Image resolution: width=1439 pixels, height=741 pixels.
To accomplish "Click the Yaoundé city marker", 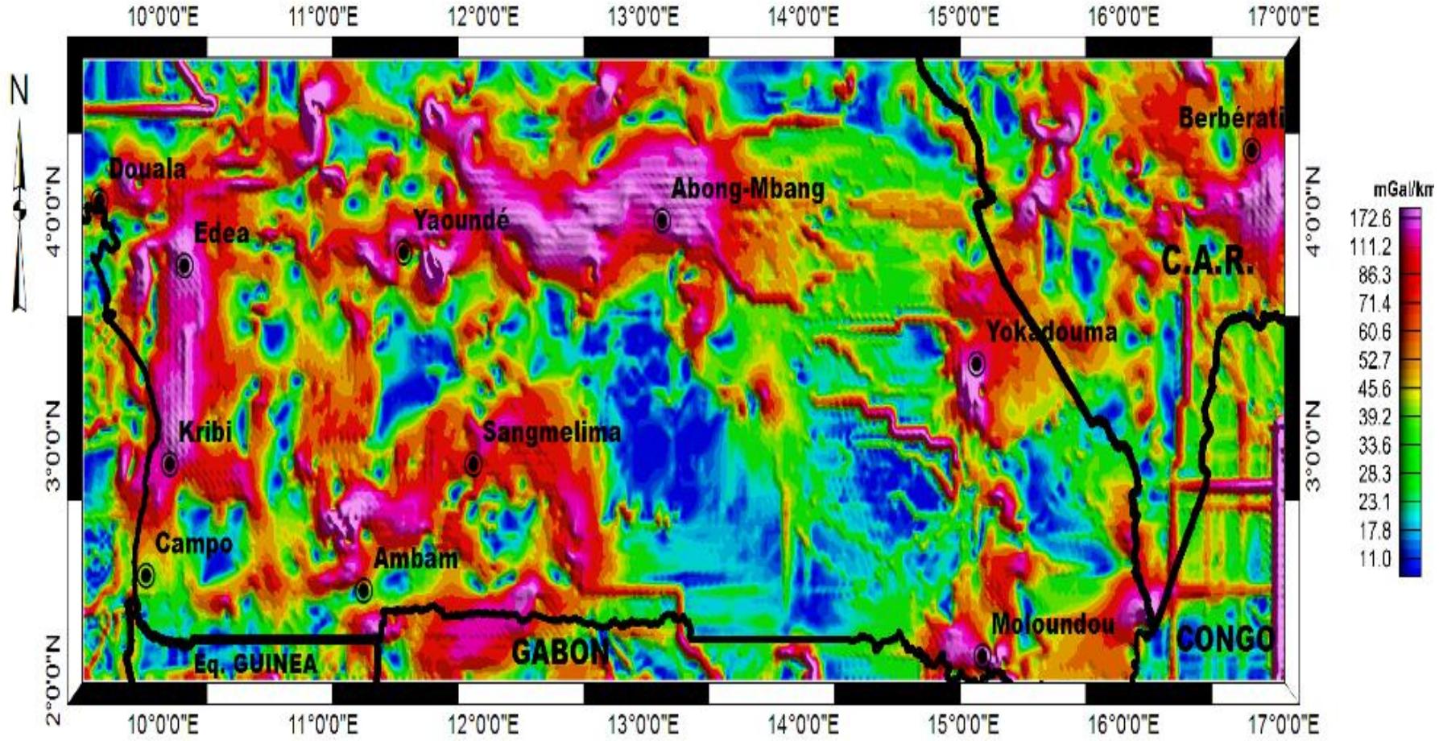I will tap(404, 253).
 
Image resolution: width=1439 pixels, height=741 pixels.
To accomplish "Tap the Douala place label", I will tap(147, 169).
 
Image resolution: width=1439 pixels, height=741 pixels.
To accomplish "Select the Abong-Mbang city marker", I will tap(662, 219).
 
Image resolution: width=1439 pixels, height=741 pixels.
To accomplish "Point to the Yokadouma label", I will tap(1052, 332).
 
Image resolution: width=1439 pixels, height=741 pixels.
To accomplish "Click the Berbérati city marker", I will tap(1251, 150).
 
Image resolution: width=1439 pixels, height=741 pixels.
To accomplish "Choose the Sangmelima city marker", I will tap(473, 464).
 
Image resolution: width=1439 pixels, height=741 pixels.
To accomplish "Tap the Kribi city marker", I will tap(170, 464).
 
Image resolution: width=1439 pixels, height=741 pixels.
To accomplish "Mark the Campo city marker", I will tap(146, 575).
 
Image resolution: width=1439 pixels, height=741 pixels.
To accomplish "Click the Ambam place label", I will tap(416, 558).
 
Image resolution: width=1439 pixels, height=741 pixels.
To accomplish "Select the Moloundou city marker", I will tap(982, 655).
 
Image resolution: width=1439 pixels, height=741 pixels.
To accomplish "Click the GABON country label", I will tap(560, 652).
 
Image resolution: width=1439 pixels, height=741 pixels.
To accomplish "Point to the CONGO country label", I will tap(1225, 639).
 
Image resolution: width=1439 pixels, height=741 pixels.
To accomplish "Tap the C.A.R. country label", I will tap(1208, 261).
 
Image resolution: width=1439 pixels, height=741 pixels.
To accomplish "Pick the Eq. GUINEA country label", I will tap(256, 664).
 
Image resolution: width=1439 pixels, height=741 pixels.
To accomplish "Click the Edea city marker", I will tap(184, 265).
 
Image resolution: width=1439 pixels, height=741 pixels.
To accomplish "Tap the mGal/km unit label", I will tap(1403, 190).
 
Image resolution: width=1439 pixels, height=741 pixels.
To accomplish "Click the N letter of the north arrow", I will tap(19, 90).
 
